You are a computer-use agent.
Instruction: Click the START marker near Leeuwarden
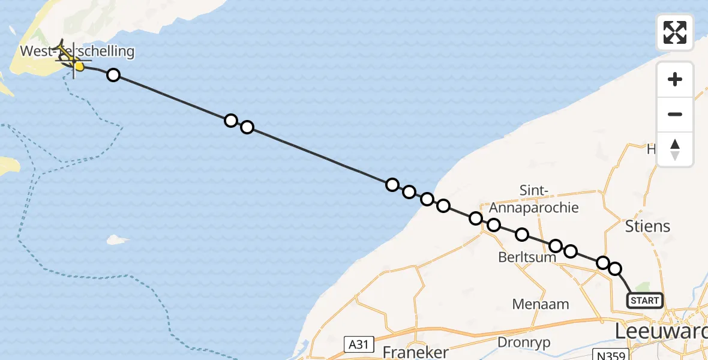tap(645, 300)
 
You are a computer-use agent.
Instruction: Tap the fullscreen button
tap(675, 32)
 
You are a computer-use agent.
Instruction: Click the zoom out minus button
tap(675, 114)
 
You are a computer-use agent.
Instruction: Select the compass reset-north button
tap(675, 149)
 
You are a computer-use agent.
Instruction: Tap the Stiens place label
tap(647, 226)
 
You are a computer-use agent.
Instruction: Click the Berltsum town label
tap(527, 257)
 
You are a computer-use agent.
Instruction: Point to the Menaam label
tap(541, 304)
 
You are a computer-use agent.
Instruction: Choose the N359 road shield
tap(610, 355)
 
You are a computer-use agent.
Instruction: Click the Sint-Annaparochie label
tap(534, 199)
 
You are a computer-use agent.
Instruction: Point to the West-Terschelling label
tap(77, 51)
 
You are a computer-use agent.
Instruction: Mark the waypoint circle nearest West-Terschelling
tap(113, 75)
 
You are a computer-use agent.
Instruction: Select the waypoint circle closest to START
tap(615, 269)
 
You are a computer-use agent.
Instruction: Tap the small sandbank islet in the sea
tap(118, 240)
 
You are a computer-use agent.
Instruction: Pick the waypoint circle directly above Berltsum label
tap(522, 235)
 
